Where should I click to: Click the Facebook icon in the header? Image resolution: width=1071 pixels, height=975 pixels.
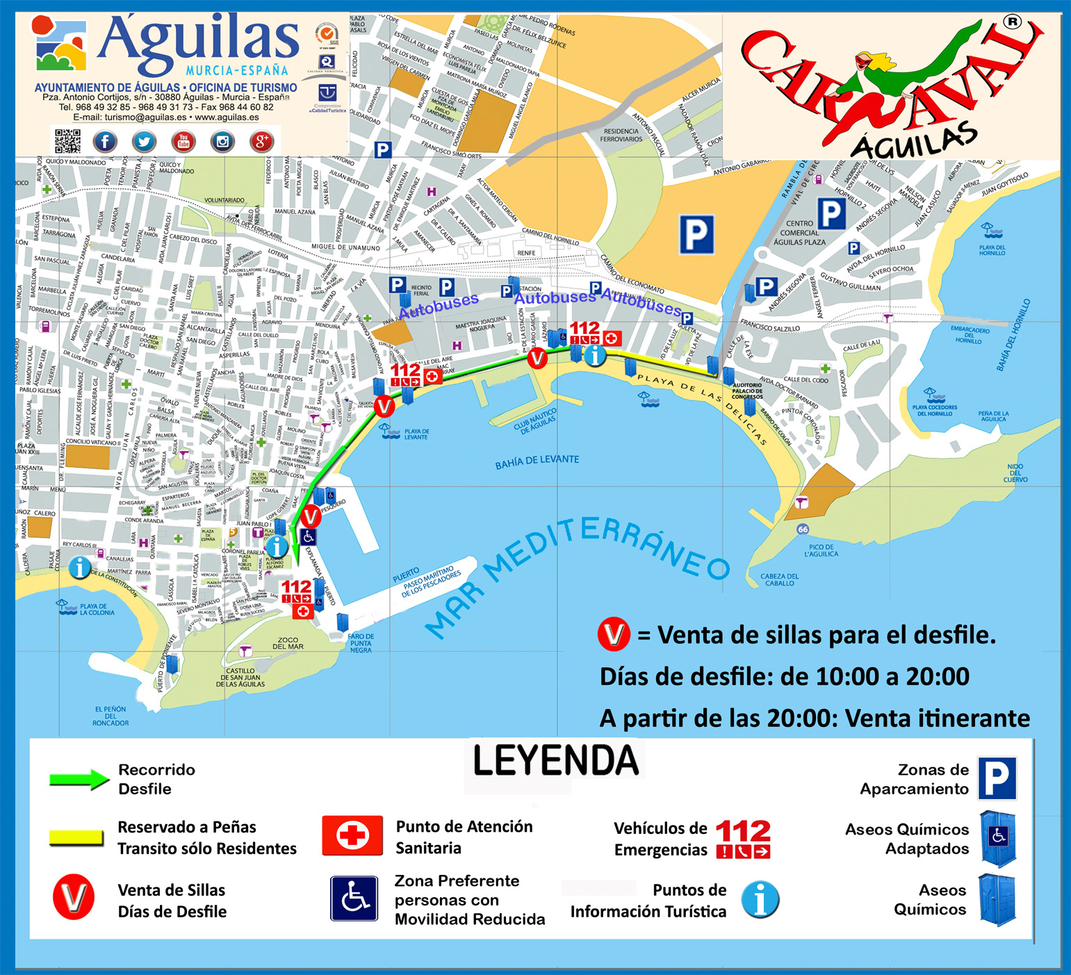105,142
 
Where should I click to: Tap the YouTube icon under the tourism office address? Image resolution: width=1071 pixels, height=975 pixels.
183,142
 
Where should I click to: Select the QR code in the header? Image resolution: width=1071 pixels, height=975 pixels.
67,141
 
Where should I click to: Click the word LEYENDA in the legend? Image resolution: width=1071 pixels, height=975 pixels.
555,760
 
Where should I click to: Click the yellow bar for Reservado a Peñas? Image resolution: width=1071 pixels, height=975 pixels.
76,837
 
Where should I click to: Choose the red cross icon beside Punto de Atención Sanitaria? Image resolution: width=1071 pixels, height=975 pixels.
352,835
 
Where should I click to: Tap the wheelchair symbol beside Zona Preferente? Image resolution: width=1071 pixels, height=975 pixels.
354,899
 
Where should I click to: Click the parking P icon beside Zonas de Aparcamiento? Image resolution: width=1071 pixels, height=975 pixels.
997,779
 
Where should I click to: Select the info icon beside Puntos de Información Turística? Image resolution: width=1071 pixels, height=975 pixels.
760,900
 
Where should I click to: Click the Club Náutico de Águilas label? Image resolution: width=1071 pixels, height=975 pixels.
535,421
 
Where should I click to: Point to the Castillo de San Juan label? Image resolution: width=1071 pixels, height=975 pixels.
243,678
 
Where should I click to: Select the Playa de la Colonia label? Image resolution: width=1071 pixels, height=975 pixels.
97,609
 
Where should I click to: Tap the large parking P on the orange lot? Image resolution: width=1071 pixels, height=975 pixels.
696,235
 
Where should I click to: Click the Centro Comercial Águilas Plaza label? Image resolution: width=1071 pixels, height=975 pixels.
799,233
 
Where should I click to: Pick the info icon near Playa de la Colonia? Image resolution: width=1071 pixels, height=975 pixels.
80,568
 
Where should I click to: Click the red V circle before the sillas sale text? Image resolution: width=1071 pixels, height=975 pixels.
614,634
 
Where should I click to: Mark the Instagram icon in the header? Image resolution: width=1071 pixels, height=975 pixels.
222,142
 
